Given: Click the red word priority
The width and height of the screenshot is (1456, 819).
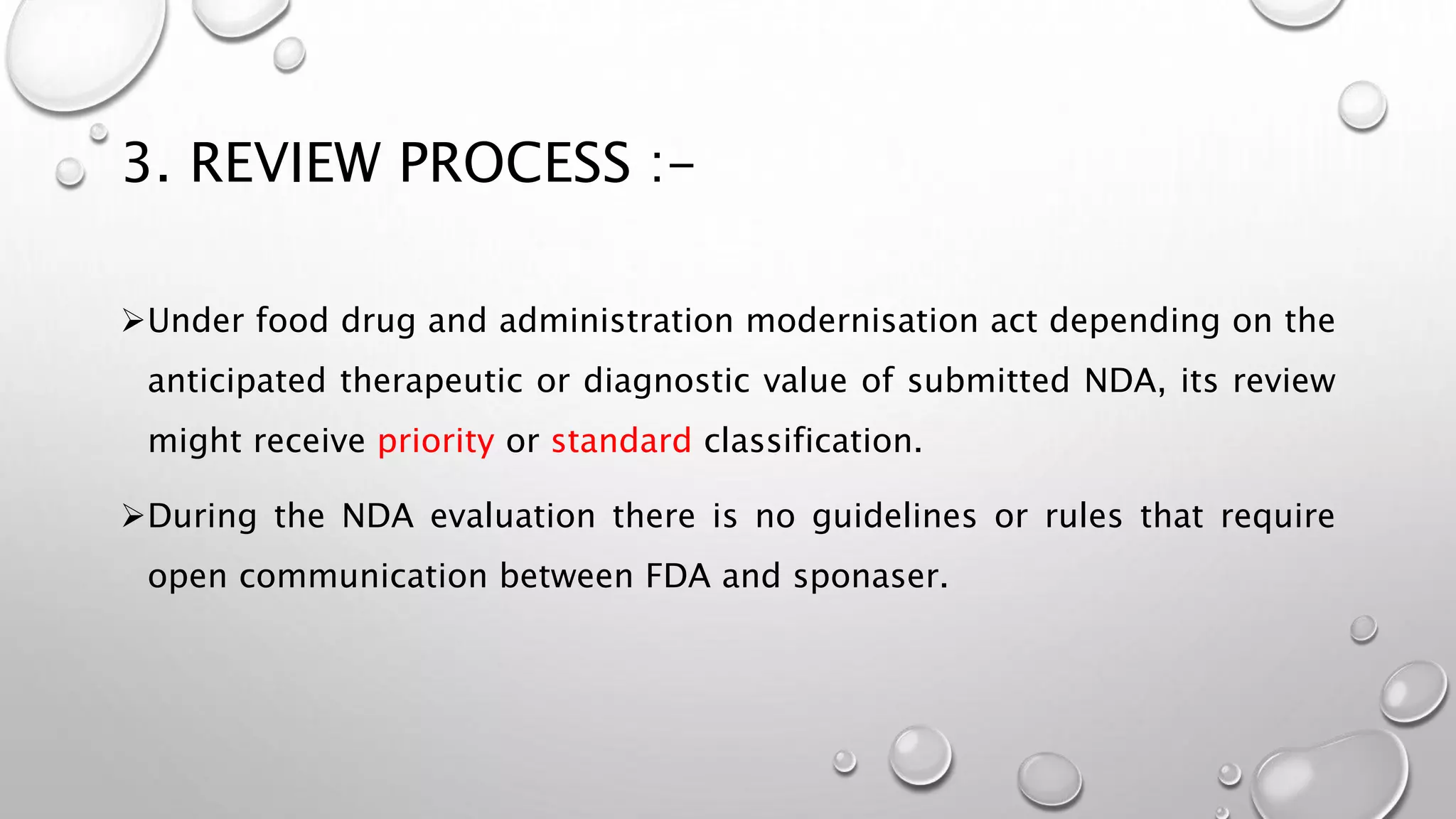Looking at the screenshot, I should point(435,441).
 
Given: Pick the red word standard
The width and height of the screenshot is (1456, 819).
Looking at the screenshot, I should point(621,441).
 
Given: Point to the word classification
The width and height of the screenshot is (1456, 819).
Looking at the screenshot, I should point(813,441).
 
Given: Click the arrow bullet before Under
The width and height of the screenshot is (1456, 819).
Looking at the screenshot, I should point(132,321).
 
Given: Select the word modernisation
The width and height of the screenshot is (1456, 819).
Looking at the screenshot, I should point(862,321).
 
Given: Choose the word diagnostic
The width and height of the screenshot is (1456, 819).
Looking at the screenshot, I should point(666,380).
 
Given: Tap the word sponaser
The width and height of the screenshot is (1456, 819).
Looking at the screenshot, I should point(870,576).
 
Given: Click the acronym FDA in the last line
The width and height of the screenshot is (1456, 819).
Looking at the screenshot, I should point(678,576).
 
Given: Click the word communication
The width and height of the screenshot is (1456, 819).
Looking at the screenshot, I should point(363,576).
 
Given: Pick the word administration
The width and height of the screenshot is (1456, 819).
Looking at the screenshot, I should point(616,321).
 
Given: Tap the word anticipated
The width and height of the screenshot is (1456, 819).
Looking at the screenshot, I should point(236,380).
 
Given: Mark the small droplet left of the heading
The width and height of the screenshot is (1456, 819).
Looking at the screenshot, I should point(70,172).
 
